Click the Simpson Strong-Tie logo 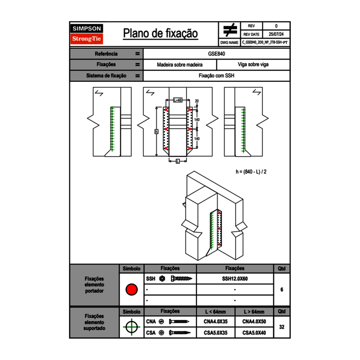(x=87, y=34)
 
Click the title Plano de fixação (x=160, y=33)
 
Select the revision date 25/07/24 (x=276, y=34)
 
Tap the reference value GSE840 (x=216, y=54)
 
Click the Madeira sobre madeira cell (x=180, y=65)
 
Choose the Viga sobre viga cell (x=253, y=65)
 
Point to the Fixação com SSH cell (x=216, y=76)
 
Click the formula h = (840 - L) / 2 (x=251, y=171)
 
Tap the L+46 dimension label (x=178, y=100)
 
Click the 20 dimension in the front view (x=197, y=101)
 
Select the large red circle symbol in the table (x=131, y=290)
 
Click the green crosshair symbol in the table (x=131, y=327)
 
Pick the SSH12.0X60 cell (x=235, y=279)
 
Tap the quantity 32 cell (x=281, y=327)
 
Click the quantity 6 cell (x=281, y=290)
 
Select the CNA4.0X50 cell (x=254, y=322)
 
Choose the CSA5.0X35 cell (x=216, y=333)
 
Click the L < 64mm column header (x=216, y=312)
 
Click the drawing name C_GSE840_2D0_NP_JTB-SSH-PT (x=265, y=42)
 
